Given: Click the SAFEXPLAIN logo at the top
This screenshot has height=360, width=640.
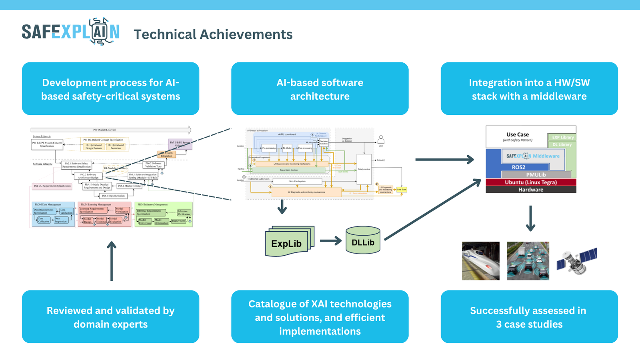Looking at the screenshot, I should coord(70,32).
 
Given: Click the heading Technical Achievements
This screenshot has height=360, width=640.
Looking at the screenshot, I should coord(213,34).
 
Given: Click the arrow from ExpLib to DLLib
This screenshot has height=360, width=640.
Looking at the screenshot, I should coord(330,241).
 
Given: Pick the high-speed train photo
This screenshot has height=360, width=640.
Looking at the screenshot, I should coord(480,261).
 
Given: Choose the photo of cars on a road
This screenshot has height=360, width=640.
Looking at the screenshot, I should coord(528,261).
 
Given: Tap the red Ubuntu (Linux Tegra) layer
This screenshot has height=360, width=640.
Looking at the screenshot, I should coord(531,182).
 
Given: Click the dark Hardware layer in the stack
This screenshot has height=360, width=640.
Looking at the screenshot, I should coord(531,190).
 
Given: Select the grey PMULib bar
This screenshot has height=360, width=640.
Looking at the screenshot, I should coord(536,175).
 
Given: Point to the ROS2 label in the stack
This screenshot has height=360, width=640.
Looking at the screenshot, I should coord(518,167).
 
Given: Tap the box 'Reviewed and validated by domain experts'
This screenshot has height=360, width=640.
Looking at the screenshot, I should coord(110,317).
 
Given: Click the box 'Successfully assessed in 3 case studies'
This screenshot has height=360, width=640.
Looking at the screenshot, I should coord(529,317).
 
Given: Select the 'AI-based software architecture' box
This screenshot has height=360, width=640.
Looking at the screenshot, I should coord(320,89).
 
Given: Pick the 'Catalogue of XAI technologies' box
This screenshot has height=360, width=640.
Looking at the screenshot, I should coord(320,317).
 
